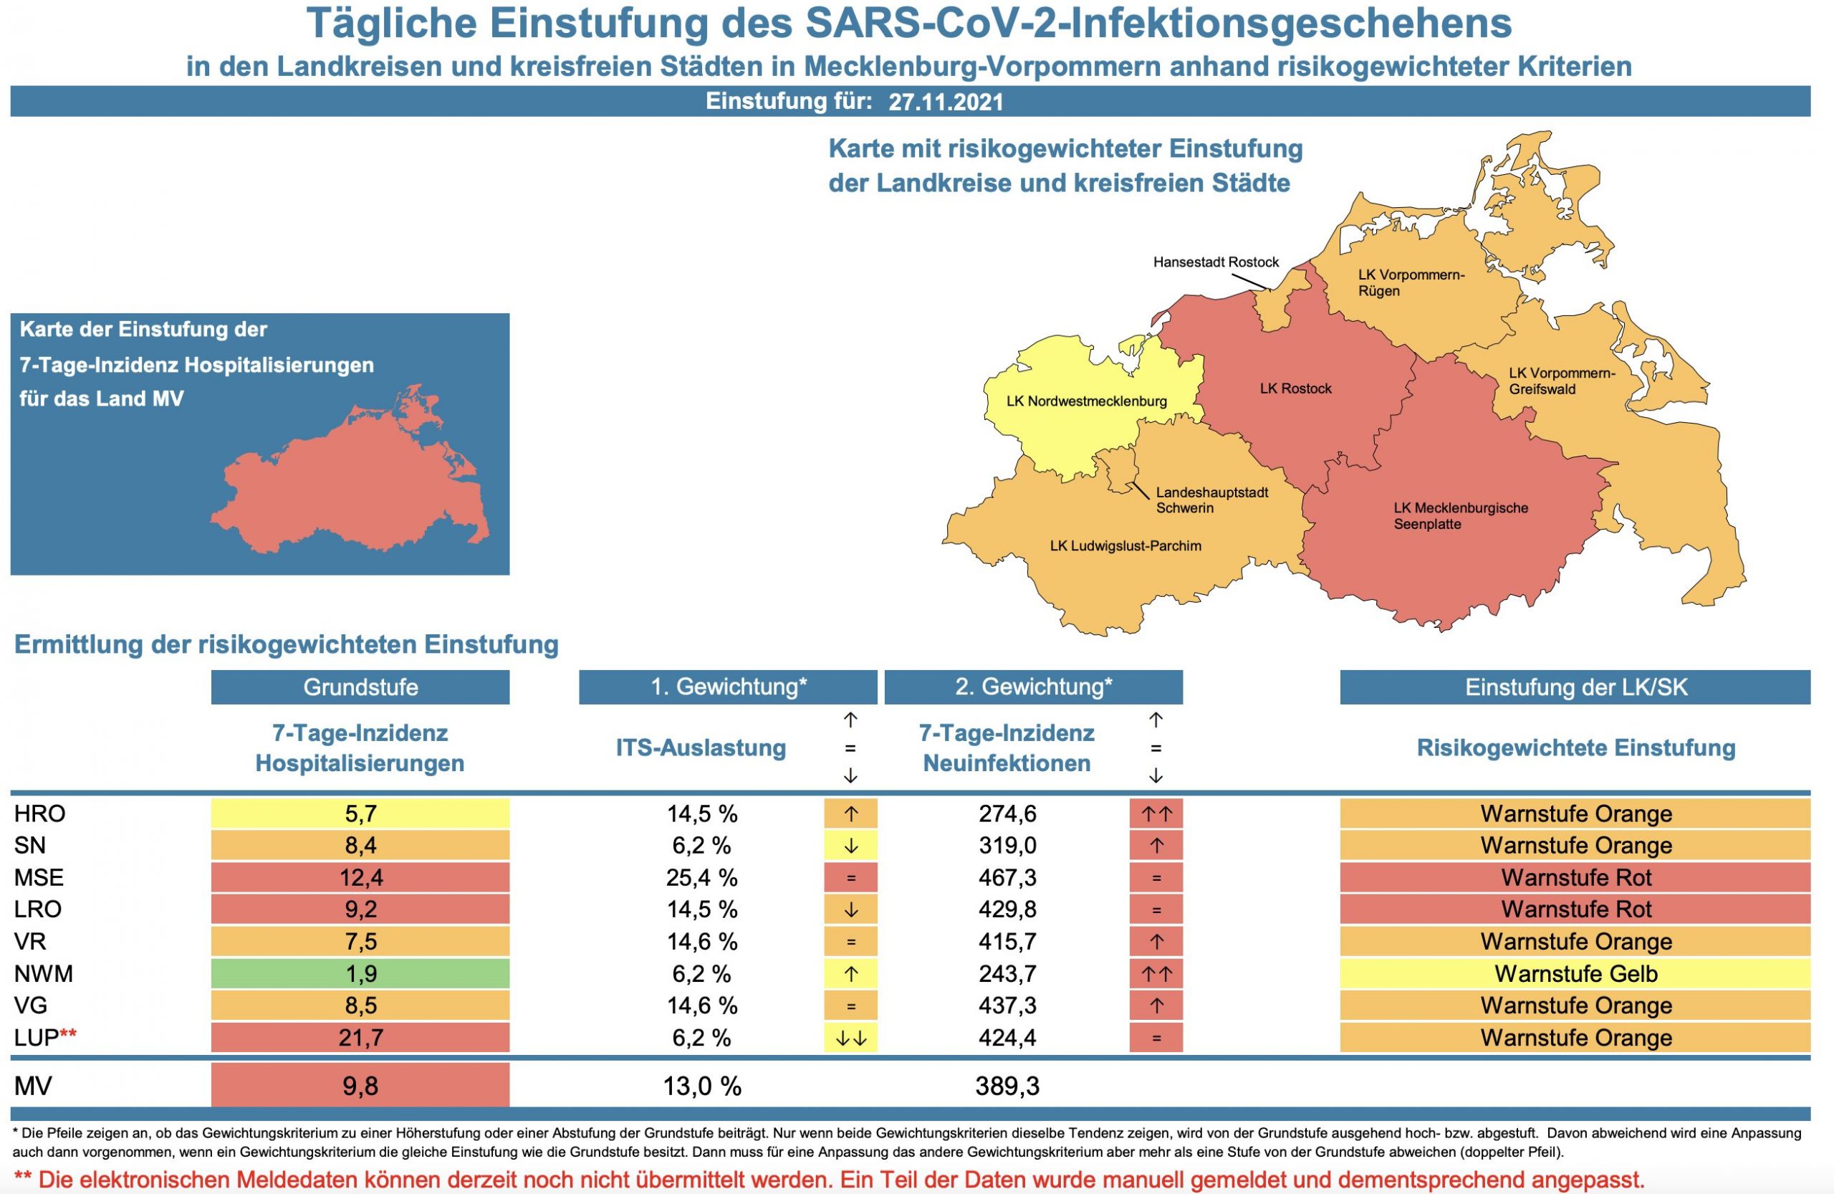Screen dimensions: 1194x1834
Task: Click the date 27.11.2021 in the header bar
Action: (946, 102)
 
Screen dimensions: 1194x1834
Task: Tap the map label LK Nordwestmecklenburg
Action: (1086, 401)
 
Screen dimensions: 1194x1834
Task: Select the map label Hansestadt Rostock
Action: (1215, 262)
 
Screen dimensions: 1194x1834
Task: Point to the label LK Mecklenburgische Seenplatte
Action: (1460, 516)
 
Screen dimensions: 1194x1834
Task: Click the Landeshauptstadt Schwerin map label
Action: (1211, 500)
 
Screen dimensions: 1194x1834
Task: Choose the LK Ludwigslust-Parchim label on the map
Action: (1125, 545)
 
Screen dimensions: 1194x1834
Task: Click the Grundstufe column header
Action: (360, 687)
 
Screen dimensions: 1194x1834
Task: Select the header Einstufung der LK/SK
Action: (1575, 687)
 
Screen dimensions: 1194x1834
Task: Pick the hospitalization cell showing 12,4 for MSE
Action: (360, 877)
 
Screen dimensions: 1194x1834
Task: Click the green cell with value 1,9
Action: (360, 973)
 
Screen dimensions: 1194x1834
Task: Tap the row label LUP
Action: (37, 1038)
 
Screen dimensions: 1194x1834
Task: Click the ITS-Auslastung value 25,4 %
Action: (701, 877)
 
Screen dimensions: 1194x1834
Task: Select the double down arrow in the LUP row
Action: (850, 1038)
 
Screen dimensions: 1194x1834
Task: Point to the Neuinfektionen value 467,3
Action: (1007, 877)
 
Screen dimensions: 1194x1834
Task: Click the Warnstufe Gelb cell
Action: (1575, 973)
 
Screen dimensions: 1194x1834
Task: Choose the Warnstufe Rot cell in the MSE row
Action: (1575, 877)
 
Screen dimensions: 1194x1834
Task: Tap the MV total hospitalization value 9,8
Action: (360, 1085)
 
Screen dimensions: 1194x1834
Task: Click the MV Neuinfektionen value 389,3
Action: (1007, 1085)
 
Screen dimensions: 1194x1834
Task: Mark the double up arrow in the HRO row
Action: (1155, 813)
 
